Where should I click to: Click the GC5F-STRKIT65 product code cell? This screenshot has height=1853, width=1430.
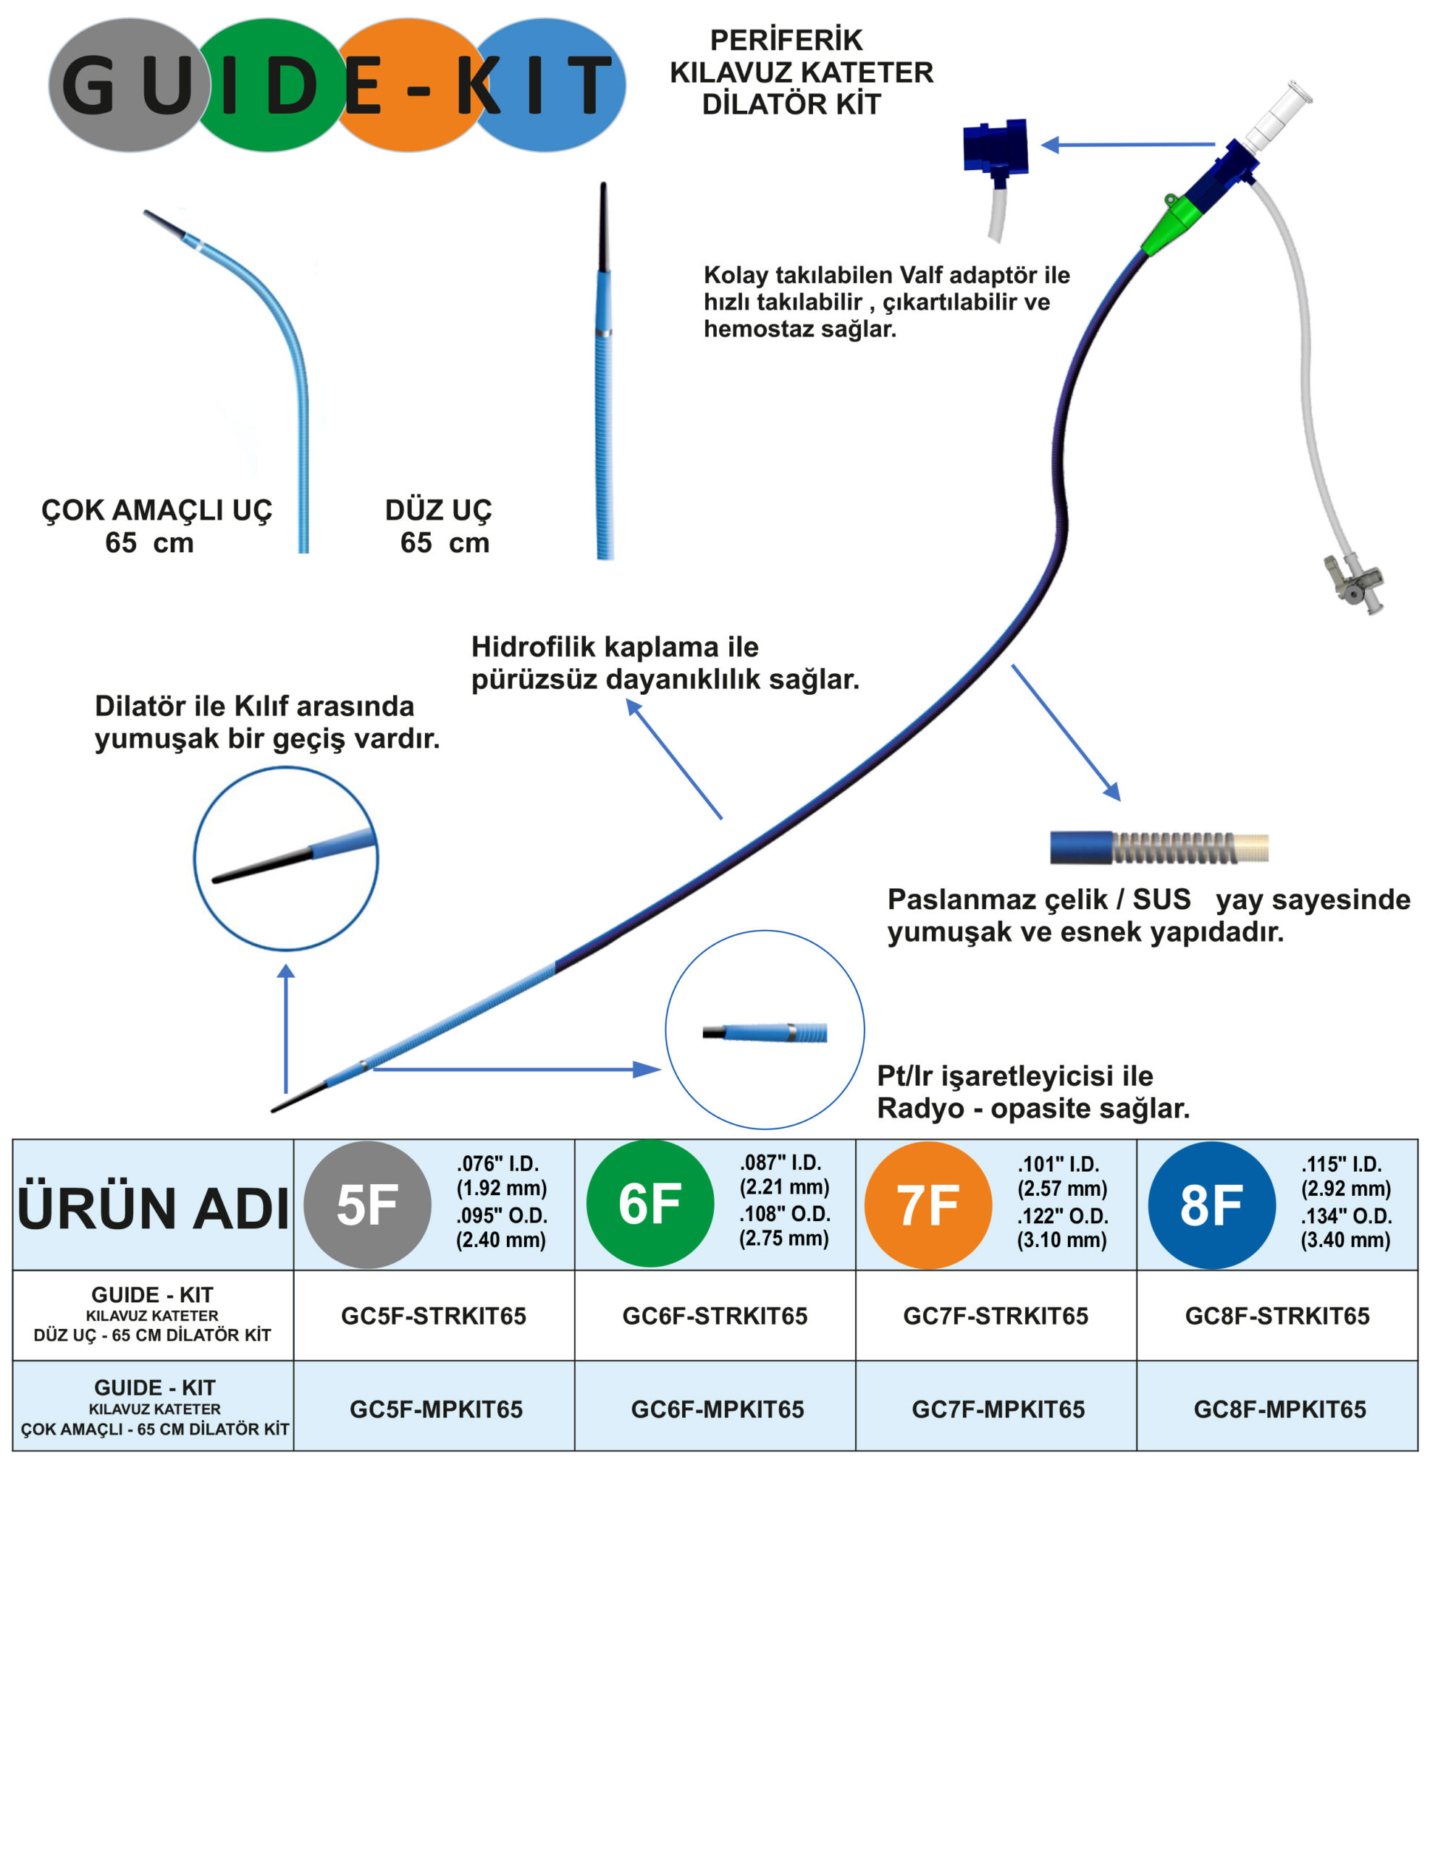433,1316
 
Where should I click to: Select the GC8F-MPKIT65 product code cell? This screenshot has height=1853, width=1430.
1279,1409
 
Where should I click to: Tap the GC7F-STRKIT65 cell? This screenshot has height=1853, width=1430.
996,1316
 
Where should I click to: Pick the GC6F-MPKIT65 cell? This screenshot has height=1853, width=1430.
717,1409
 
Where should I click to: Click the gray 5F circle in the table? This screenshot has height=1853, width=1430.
368,1204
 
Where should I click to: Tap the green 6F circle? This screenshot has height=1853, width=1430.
650,1204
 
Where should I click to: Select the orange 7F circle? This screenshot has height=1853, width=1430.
928,1204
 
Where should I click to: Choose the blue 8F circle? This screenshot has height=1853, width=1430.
1211,1204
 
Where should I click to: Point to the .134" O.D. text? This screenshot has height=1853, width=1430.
1346,1216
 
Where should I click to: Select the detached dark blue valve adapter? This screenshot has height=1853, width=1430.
996,148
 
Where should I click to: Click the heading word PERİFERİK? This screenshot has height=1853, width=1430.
786,40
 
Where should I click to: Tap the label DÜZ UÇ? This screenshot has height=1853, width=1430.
438,510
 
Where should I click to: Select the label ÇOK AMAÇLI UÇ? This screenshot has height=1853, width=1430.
157,510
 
